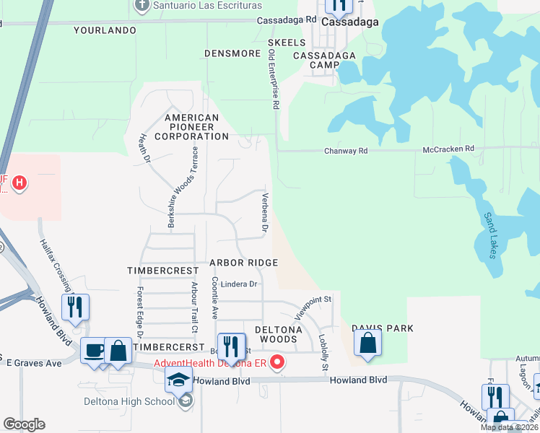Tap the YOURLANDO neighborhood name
click(105, 31)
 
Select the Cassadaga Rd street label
click(287, 20)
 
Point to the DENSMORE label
click(232, 53)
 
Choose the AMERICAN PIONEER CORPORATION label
click(191, 126)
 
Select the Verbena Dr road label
click(266, 213)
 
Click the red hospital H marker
click(19, 184)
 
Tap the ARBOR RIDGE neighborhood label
click(243, 263)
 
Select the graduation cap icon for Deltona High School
click(179, 380)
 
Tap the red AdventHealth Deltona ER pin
click(277, 362)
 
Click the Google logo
click(24, 424)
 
